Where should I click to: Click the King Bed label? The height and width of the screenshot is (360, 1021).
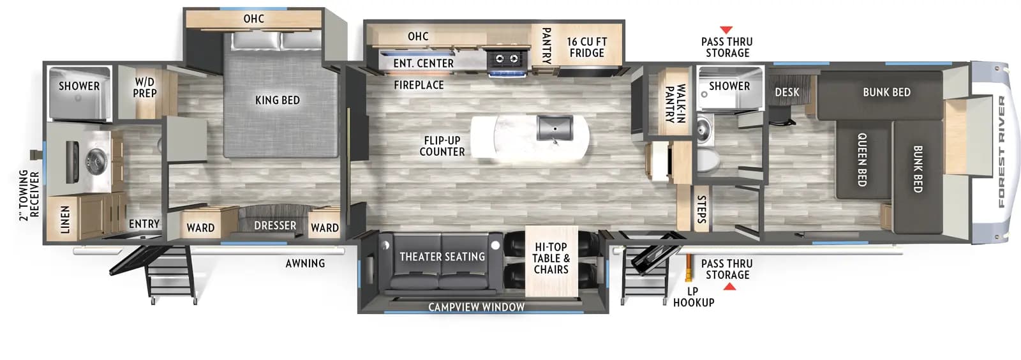(x=277, y=100)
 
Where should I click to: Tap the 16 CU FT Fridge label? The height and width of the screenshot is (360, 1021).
(x=586, y=47)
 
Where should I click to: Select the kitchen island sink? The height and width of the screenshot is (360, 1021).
(x=555, y=128)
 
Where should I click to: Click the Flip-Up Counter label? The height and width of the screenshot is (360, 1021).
(x=442, y=146)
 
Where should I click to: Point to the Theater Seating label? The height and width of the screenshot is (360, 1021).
(x=442, y=257)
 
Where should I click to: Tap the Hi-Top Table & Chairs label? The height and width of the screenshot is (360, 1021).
(x=551, y=258)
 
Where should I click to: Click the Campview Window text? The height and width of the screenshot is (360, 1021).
(x=476, y=307)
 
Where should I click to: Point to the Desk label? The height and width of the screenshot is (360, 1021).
(x=787, y=93)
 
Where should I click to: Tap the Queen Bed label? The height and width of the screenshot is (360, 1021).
(x=861, y=160)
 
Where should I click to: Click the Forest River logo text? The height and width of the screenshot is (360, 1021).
(x=1001, y=152)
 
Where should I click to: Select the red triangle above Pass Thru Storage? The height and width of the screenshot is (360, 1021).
(x=726, y=30)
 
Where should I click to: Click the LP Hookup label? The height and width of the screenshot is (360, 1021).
(x=693, y=297)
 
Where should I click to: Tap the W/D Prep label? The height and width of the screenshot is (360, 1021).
(x=145, y=87)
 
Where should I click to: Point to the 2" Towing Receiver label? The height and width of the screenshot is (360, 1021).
(x=29, y=195)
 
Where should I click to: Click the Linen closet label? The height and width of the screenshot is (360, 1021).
(x=65, y=219)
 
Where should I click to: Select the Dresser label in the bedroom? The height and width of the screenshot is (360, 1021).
(x=275, y=226)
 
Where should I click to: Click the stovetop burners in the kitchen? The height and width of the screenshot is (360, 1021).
(x=507, y=59)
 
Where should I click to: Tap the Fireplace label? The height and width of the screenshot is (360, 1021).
(x=419, y=85)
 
